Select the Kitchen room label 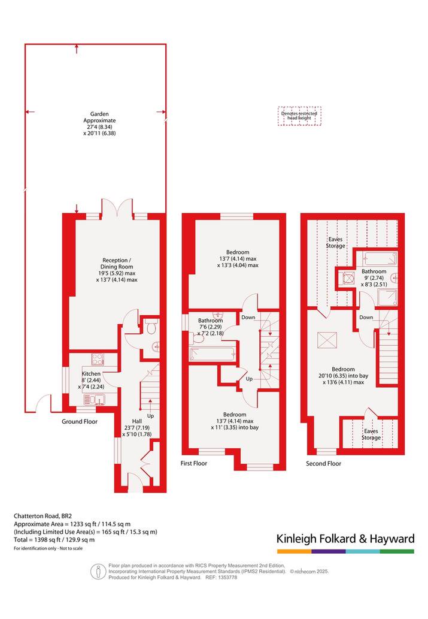pyautogui.click(x=91, y=373)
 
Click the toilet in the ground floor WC pyautogui.click(x=151, y=327)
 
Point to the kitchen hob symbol pyautogui.click(x=98, y=360)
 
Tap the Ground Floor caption pyautogui.click(x=79, y=422)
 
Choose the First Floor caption pyautogui.click(x=194, y=463)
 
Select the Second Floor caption pyautogui.click(x=323, y=463)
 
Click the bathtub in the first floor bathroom pyautogui.click(x=212, y=354)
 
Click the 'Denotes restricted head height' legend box pyautogui.click(x=299, y=116)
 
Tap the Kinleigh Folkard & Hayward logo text pyautogui.click(x=345, y=539)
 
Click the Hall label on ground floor pyautogui.click(x=137, y=421)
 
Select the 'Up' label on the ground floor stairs pyautogui.click(x=150, y=416)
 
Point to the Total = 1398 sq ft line pyautogui.click(x=54, y=540)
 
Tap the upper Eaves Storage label pyautogui.click(x=335, y=243)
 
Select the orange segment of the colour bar pyautogui.click(x=294, y=551)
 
